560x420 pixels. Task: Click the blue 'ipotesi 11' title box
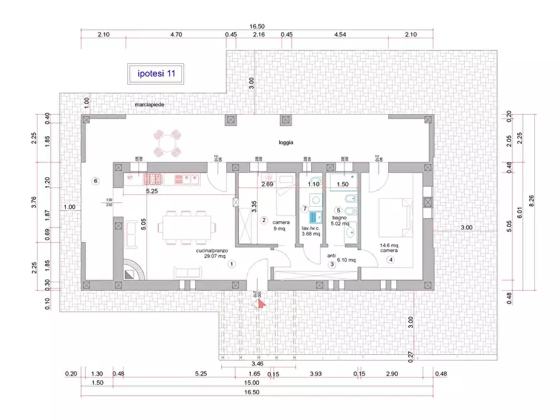click(x=156, y=73)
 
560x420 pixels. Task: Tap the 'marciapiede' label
click(x=149, y=105)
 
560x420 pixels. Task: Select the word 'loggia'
click(x=287, y=143)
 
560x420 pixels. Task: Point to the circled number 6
click(x=96, y=181)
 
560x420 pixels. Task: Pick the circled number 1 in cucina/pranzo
click(x=231, y=264)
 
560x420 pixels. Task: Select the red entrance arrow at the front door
click(x=260, y=303)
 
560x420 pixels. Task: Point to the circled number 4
click(x=391, y=260)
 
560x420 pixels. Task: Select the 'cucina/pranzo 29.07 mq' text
click(x=213, y=253)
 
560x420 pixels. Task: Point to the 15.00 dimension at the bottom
click(x=252, y=383)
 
